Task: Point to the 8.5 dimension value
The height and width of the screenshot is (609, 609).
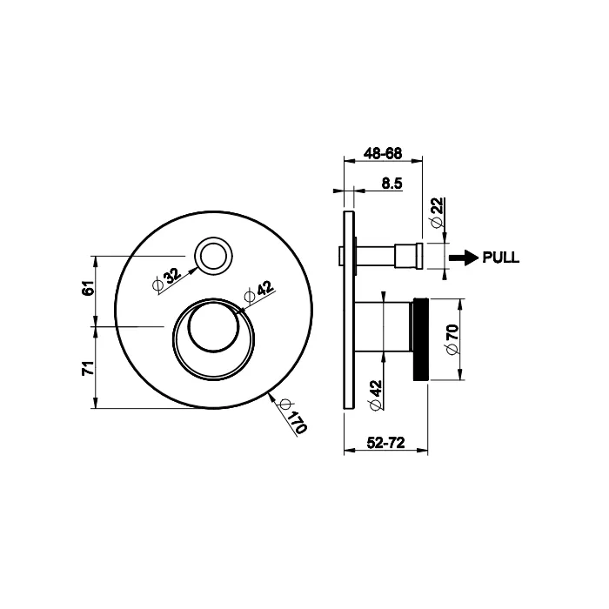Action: (x=391, y=183)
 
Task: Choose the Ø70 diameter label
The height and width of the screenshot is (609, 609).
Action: (x=451, y=339)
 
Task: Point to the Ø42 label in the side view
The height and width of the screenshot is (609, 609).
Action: (x=375, y=394)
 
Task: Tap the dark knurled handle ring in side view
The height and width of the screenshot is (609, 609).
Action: (x=421, y=339)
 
